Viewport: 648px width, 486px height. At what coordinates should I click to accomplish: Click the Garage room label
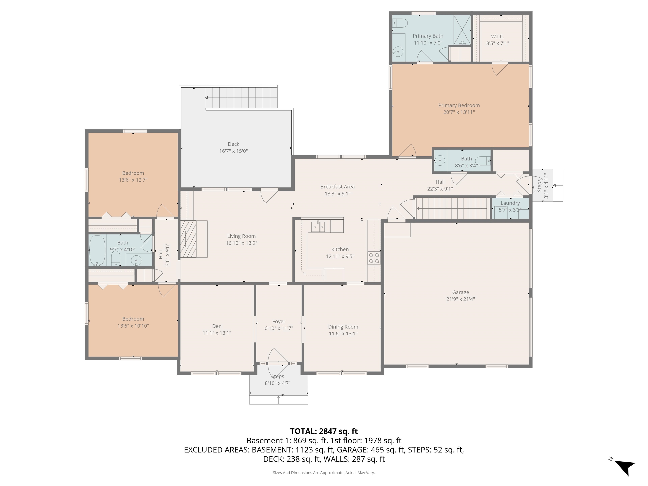click(x=460, y=292)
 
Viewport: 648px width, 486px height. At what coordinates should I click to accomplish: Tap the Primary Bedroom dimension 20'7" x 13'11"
click(x=459, y=112)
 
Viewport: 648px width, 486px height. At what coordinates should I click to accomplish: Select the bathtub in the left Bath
click(x=97, y=250)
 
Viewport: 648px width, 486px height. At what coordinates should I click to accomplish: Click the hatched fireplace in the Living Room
click(x=188, y=239)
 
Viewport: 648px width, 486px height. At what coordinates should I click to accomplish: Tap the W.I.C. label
click(x=497, y=37)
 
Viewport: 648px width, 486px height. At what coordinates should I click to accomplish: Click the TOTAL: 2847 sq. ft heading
click(x=324, y=431)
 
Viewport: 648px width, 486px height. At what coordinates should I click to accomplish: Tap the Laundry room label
click(x=510, y=203)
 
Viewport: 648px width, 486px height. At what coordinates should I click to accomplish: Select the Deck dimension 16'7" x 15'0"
click(x=234, y=151)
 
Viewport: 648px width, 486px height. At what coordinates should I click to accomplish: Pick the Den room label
click(x=217, y=326)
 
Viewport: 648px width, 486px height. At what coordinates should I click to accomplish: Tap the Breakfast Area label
click(x=337, y=187)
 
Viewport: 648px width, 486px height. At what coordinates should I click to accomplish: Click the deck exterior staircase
click(x=241, y=97)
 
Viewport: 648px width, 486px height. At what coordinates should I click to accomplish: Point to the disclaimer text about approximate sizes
click(x=324, y=472)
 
